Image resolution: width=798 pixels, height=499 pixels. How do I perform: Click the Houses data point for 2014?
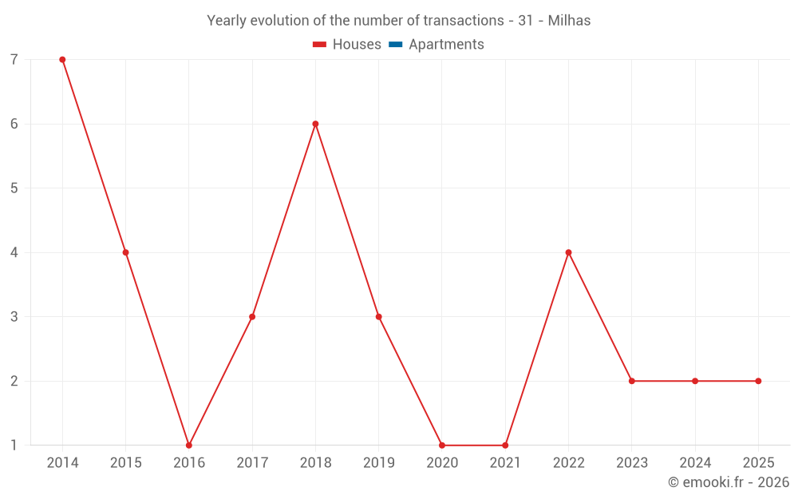point(62,60)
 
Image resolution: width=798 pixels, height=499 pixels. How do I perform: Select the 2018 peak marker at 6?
point(315,124)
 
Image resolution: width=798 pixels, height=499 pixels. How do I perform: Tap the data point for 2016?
point(189,446)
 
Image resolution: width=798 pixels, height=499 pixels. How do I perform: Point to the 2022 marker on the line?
point(568,252)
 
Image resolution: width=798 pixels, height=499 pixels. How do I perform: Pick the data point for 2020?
point(442,446)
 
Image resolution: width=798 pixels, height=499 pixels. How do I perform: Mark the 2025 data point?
point(758,381)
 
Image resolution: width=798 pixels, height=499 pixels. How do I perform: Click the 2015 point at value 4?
point(125,252)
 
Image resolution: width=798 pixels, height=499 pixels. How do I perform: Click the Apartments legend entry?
point(446,45)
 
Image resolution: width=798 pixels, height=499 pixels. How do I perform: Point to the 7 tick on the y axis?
point(14,60)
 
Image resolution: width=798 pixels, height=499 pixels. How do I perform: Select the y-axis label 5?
point(14,188)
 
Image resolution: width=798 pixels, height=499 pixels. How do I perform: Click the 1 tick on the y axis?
point(14,446)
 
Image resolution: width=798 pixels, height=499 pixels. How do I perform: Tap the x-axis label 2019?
point(378,463)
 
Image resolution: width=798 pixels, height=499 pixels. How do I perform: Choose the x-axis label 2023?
point(631,463)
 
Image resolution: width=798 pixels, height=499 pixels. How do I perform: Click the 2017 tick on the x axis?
point(252,463)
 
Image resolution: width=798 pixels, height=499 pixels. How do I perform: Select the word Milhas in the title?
point(569,21)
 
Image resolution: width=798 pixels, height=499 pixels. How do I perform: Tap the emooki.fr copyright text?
point(728,482)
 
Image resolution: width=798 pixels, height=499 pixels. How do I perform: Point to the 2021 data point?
point(505,446)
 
